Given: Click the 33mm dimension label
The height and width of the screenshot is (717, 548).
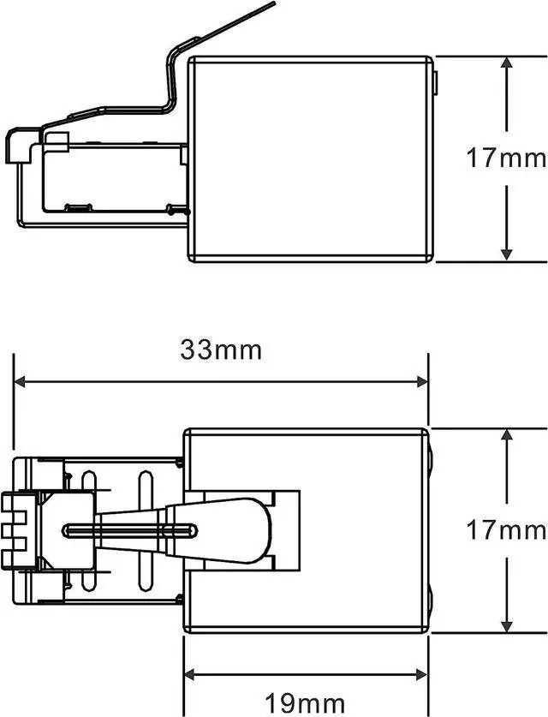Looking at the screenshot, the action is coord(221,350).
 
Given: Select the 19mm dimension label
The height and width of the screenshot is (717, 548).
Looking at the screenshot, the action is coord(306,702).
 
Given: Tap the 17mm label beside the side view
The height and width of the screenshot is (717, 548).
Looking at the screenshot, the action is coord(506,158).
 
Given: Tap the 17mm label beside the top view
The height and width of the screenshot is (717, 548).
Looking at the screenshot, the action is coord(506,531).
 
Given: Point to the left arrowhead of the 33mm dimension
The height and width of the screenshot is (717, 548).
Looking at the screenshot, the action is coord(20,382).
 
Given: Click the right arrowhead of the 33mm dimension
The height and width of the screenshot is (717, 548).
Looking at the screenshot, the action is coord(422,382).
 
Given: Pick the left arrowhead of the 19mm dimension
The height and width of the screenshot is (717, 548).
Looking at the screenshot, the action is coord(190,674).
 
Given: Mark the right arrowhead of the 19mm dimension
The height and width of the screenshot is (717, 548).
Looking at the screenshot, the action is coord(422,674).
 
